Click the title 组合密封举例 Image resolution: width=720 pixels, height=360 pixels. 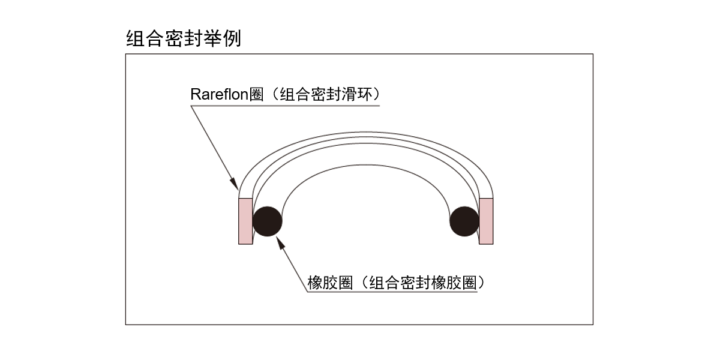click(184, 39)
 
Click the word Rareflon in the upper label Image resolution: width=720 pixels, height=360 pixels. click(218, 95)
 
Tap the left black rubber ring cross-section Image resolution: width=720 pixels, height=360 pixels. click(267, 221)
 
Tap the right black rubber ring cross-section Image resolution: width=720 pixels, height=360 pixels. click(464, 221)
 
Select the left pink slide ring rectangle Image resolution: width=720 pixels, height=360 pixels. click(245, 221)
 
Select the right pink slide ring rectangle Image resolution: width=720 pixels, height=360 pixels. click(486, 221)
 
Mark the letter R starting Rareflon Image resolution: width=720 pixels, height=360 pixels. click(194, 95)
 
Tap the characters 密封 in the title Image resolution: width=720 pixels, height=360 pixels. click(184, 39)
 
